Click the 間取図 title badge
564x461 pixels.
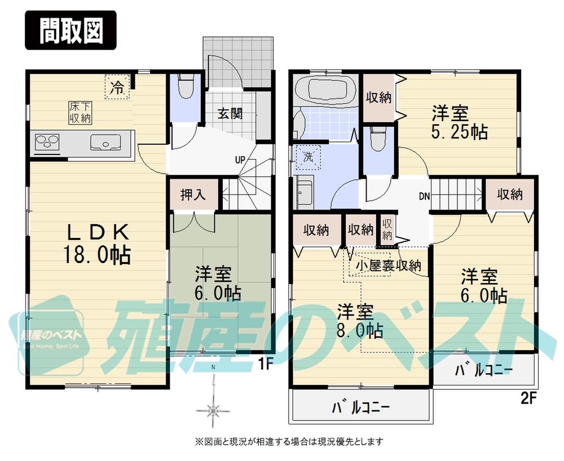coord(71,31)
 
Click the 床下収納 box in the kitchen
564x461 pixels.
coord(81,112)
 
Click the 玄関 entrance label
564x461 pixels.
coord(231,113)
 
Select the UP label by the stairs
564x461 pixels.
coord(240,159)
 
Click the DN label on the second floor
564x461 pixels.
coord(425,197)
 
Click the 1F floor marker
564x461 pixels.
coord(266,364)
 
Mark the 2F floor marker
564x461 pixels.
coord(527,399)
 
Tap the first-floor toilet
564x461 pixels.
coord(184,90)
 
